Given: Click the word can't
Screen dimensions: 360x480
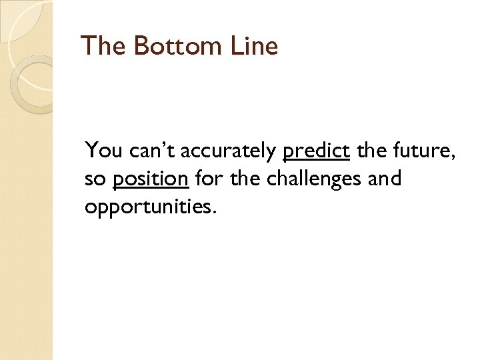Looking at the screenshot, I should tap(151, 151).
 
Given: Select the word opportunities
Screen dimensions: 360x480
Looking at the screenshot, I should tap(148, 207).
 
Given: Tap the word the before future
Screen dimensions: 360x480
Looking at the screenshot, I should tap(369, 151).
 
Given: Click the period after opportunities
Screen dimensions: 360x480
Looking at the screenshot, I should tap(215, 212).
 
